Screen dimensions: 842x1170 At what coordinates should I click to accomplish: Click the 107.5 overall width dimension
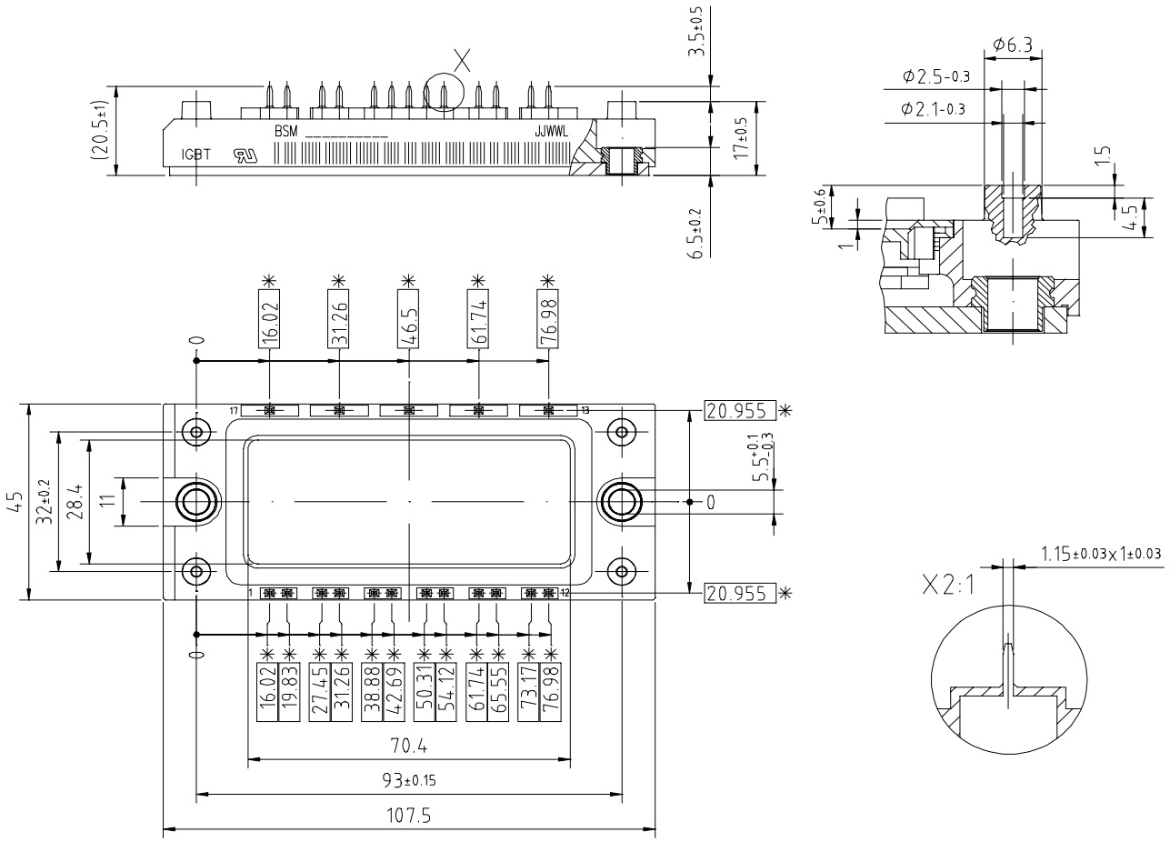point(408,816)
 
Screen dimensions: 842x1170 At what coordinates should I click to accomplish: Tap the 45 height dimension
point(15,502)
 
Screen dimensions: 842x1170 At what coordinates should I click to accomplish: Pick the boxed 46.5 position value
point(409,316)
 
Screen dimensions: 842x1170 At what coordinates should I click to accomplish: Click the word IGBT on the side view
point(195,155)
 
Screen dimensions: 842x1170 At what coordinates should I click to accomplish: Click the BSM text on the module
point(286,131)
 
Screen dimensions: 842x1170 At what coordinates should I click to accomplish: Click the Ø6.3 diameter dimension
point(1014,44)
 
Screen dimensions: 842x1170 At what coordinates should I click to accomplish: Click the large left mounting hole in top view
point(195,502)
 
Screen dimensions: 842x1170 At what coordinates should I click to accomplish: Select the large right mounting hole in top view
point(621,502)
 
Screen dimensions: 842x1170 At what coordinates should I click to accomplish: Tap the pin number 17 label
point(234,410)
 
